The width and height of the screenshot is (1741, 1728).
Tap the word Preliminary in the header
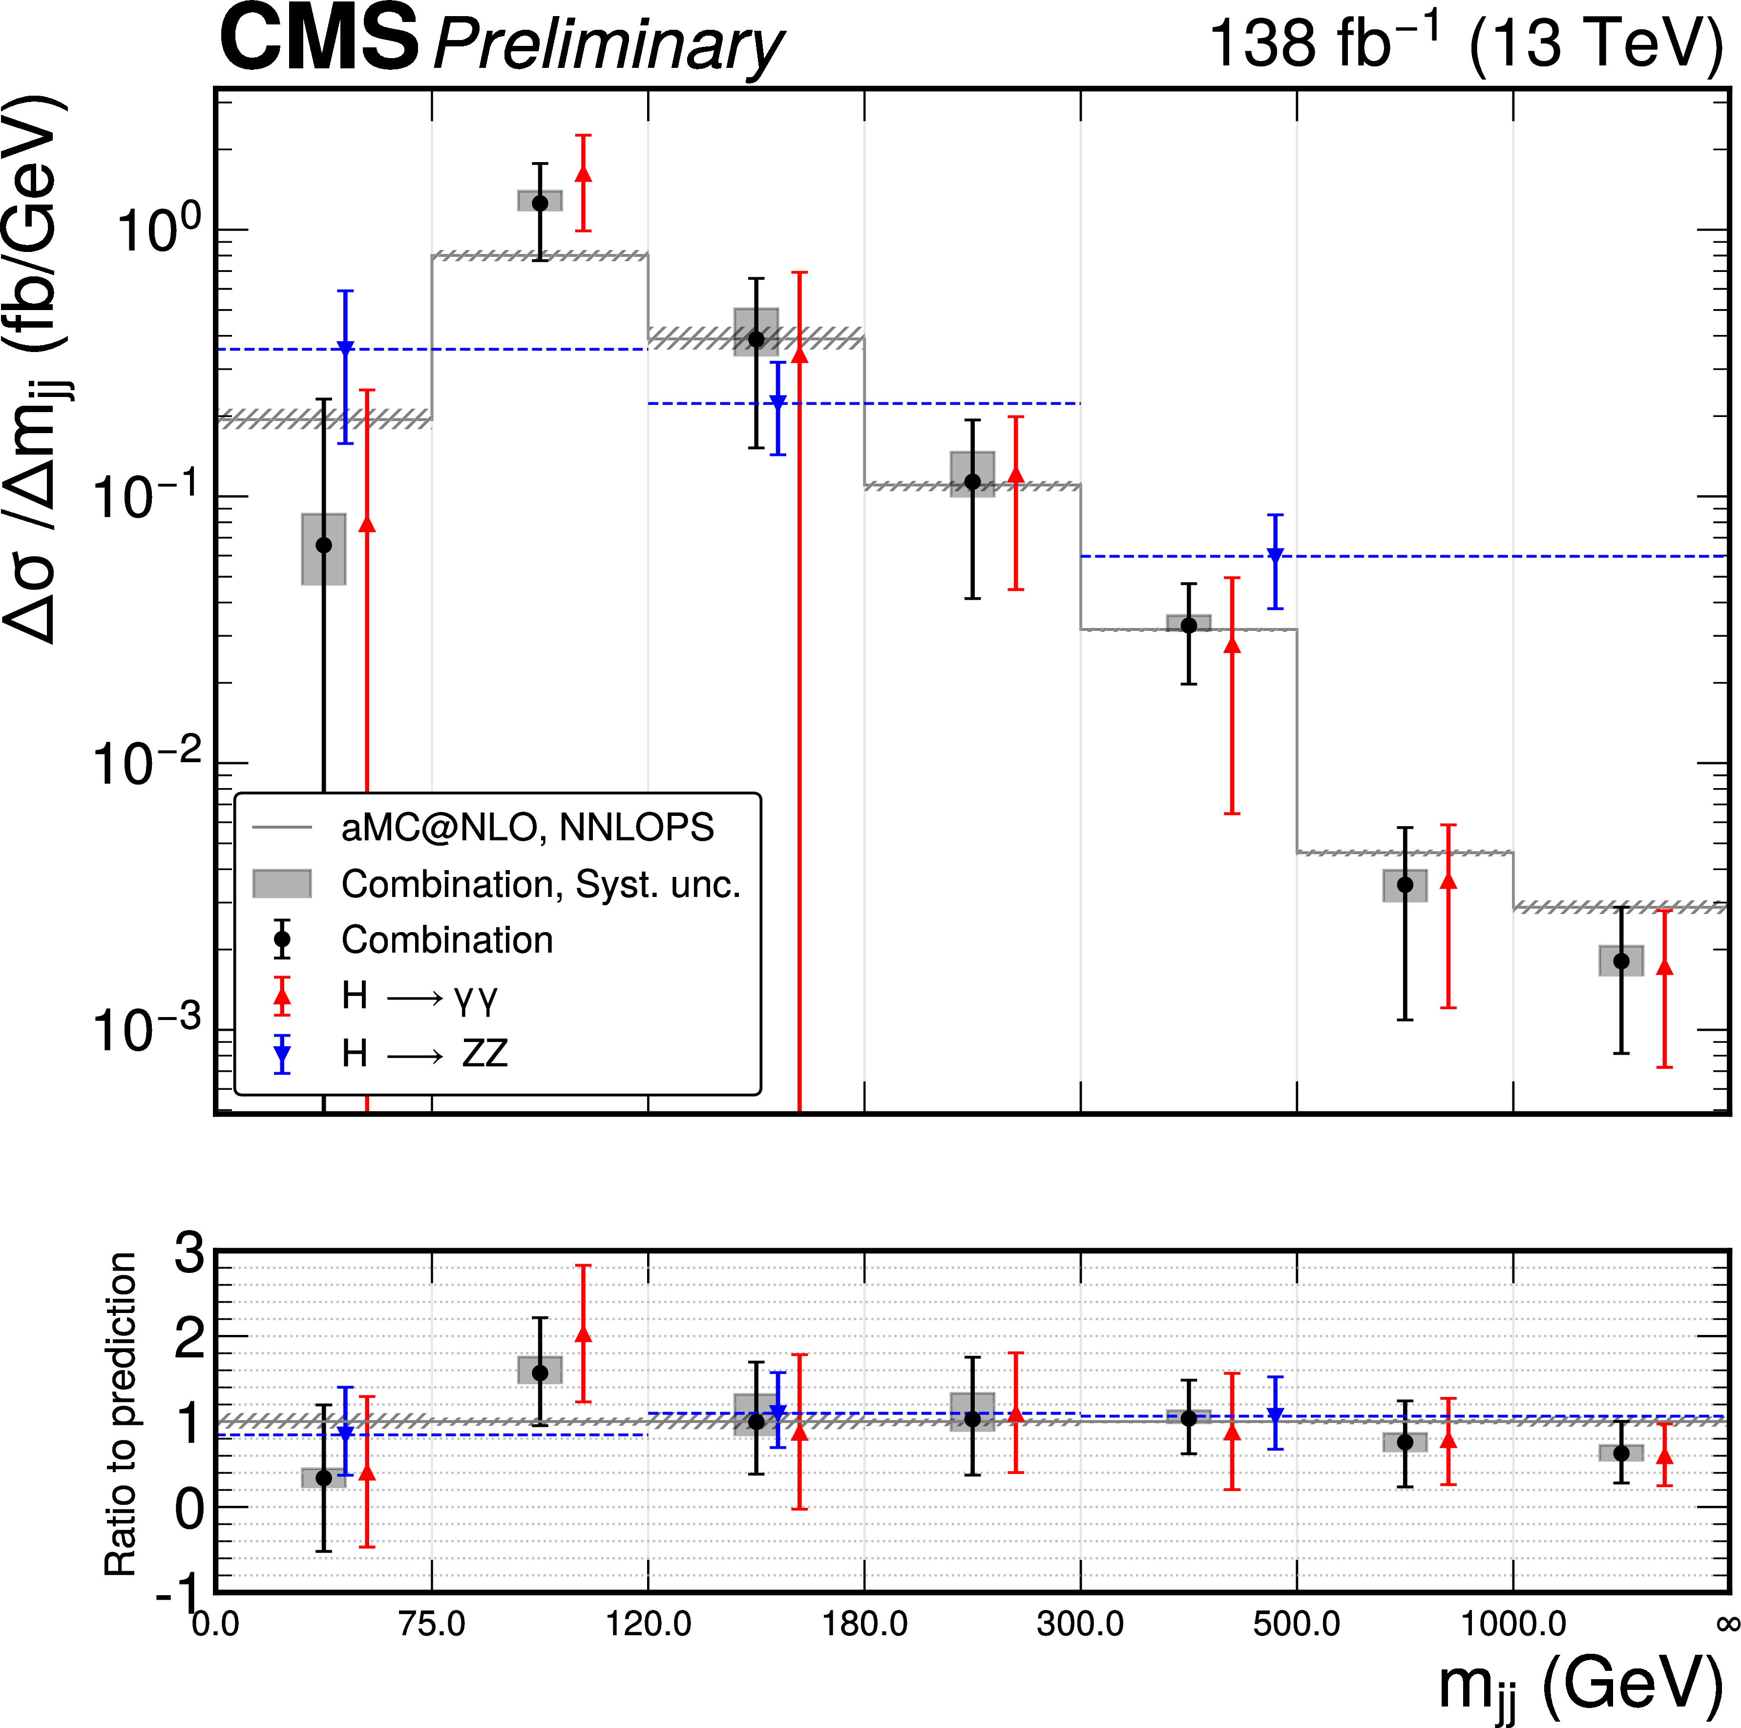click(609, 45)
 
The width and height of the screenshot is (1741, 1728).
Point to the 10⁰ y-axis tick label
click(148, 230)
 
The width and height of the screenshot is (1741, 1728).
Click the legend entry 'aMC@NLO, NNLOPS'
click(527, 827)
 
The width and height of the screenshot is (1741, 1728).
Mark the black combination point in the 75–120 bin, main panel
click(540, 204)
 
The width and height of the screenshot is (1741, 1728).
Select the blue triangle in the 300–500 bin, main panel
click(1275, 556)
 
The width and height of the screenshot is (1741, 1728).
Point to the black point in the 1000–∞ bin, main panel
click(1621, 961)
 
